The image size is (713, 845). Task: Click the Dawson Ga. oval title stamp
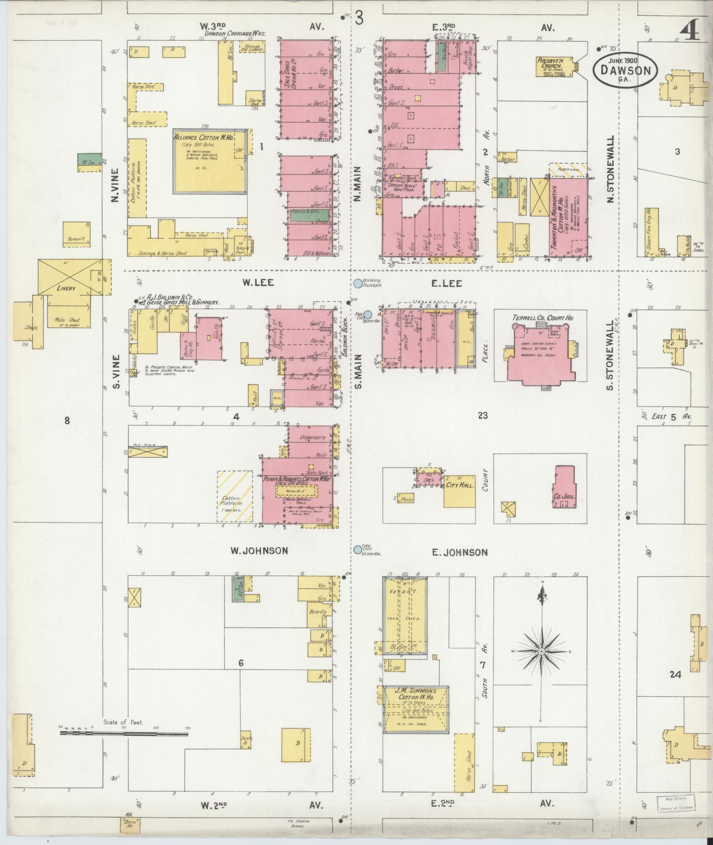[625, 71]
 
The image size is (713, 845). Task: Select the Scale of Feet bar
[124, 734]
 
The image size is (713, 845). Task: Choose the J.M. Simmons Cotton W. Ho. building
[416, 709]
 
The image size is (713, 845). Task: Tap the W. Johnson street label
[259, 551]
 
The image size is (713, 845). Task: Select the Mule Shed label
[67, 320]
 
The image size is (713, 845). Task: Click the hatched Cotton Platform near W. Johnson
[234, 497]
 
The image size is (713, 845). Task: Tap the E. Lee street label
[446, 284]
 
